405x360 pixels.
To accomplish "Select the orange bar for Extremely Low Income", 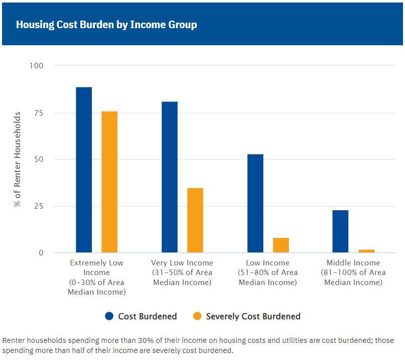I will [110, 182].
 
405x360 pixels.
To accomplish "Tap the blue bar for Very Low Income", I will [169, 177].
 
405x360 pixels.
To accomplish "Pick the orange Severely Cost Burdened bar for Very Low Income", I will [195, 220].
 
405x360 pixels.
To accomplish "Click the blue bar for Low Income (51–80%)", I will [255, 203].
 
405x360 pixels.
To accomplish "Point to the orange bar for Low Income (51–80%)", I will [281, 245].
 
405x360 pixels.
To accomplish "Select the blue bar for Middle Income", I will [340, 231].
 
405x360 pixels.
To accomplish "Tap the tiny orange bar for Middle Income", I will [366, 251].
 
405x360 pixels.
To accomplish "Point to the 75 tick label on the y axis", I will [39, 113].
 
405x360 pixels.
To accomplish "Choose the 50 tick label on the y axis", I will [39, 159].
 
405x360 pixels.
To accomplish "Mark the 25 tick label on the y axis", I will [39, 206].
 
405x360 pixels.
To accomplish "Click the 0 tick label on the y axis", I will [41, 253].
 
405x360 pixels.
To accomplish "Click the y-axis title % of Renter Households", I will [18, 159].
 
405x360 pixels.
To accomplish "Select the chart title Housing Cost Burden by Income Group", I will [107, 25].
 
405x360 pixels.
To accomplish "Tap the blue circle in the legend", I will [110, 316].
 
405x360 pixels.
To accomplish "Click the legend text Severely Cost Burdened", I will [253, 316].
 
